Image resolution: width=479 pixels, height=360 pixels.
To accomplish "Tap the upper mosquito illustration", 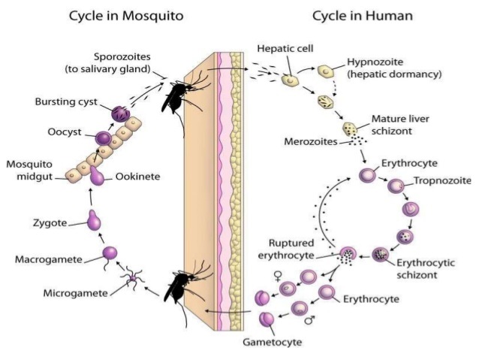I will pos(179,90).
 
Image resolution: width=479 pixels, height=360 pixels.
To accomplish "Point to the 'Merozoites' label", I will pos(309,142).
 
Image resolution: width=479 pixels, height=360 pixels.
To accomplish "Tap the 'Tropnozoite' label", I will pos(441,182).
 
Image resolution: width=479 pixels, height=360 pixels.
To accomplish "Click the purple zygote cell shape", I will pos(93,220).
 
